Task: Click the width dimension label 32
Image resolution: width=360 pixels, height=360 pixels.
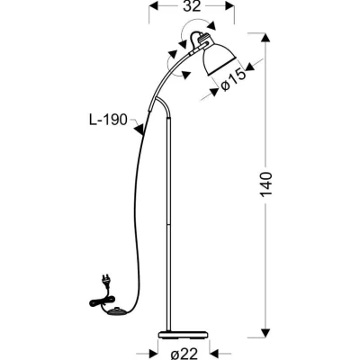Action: (192, 6)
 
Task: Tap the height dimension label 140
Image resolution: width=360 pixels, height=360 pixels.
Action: (266, 184)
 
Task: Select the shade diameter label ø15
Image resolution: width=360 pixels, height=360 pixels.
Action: (233, 81)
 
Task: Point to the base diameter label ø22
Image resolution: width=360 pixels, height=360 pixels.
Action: (184, 354)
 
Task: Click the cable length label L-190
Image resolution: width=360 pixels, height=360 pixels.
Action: (108, 120)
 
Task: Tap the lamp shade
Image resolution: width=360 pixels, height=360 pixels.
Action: (219, 59)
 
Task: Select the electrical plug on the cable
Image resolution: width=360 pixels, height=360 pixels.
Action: (105, 282)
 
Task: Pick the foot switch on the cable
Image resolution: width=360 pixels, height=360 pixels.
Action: (115, 312)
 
